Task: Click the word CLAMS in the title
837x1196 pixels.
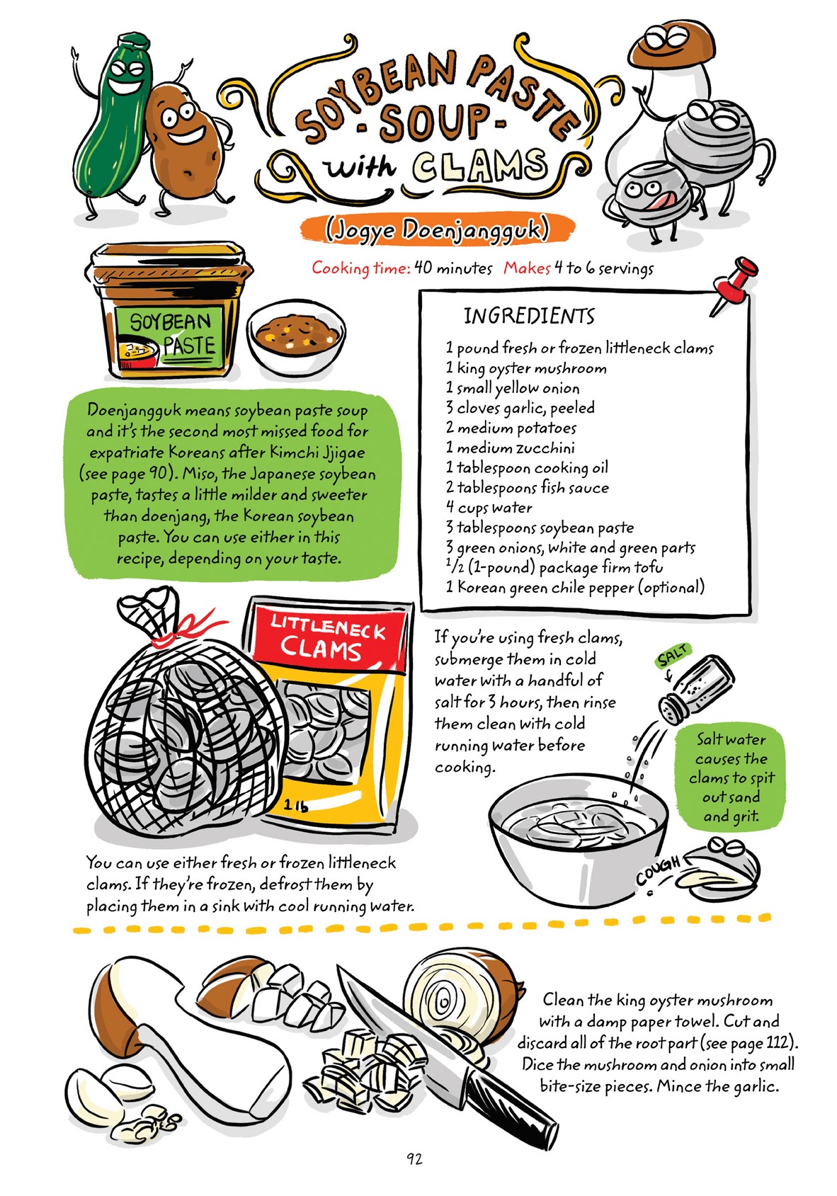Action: (479, 166)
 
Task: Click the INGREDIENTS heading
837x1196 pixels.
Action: (529, 316)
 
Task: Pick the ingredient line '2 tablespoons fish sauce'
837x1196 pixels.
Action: (526, 487)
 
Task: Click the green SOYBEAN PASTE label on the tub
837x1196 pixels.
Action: (170, 335)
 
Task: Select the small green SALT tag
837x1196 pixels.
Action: (672, 656)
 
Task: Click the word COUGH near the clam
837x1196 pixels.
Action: (658, 870)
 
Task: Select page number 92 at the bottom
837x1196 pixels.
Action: (414, 1158)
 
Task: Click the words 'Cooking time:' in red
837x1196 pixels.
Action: (360, 268)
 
